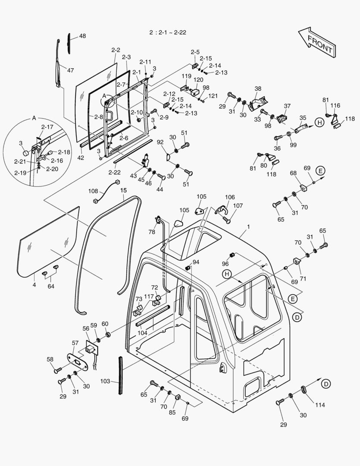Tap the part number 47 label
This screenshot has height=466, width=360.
coord(70,70)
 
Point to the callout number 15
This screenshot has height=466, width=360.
coord(123,190)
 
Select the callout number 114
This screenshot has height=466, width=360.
coord(319,405)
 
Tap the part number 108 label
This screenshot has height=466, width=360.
coord(93,190)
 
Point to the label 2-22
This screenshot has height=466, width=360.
coord(115,173)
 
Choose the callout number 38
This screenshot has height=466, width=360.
coord(258,88)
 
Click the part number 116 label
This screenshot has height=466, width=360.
coord(335,105)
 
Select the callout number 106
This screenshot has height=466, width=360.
coord(230,197)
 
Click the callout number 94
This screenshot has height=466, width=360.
coord(196,262)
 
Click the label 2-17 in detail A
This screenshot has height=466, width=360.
coord(47,127)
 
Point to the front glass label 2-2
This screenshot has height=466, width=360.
coord(116,50)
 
